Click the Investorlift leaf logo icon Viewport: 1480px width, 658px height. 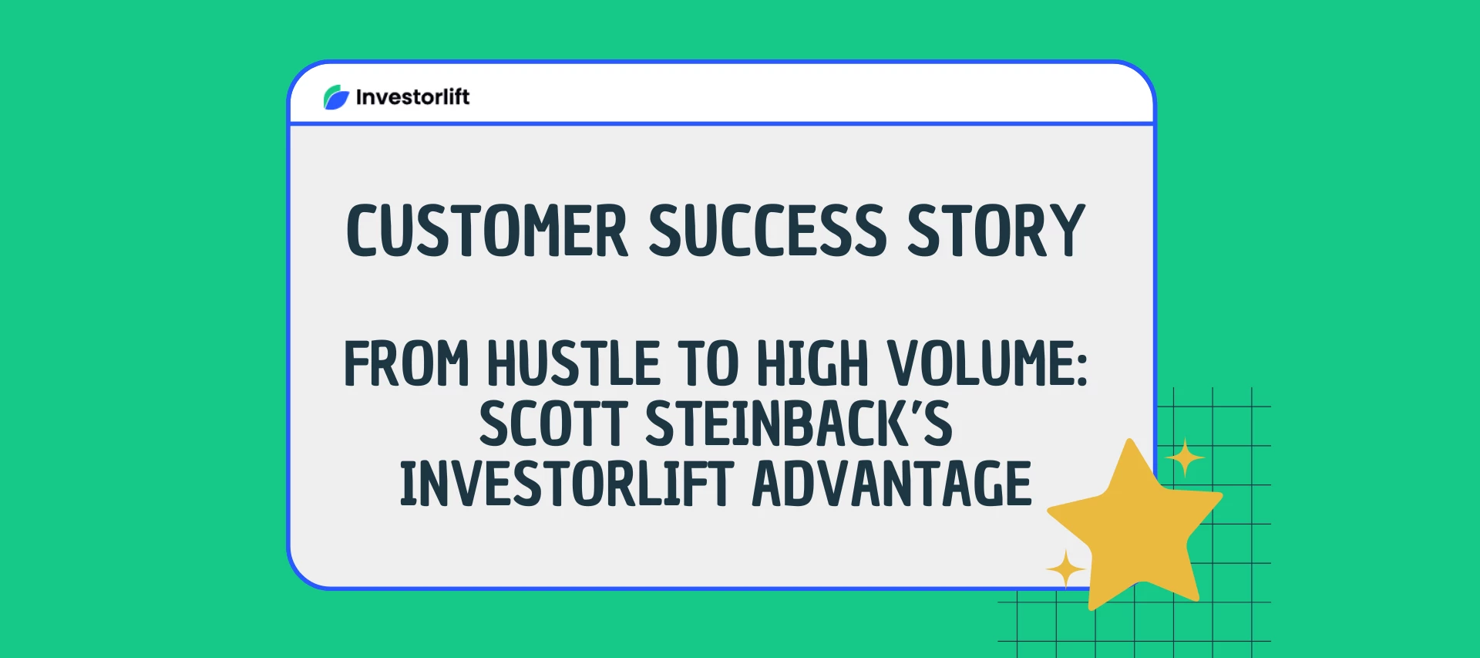[336, 97]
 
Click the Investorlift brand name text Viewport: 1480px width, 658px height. [412, 97]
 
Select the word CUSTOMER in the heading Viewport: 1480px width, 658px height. [487, 231]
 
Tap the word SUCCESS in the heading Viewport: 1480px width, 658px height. [768, 231]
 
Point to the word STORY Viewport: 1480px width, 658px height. [996, 231]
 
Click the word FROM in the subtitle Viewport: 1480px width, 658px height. [406, 363]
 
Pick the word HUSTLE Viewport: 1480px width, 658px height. [573, 363]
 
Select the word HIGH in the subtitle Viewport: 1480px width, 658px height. [812, 363]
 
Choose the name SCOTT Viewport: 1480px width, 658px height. [553, 423]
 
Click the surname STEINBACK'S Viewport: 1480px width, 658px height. [799, 423]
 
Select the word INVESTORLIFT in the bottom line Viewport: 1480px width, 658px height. [566, 484]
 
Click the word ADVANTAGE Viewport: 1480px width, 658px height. [891, 484]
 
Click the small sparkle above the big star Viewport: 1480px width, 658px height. [1185, 458]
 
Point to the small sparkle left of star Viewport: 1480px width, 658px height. [1066, 569]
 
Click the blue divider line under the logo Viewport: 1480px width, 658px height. [721, 123]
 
